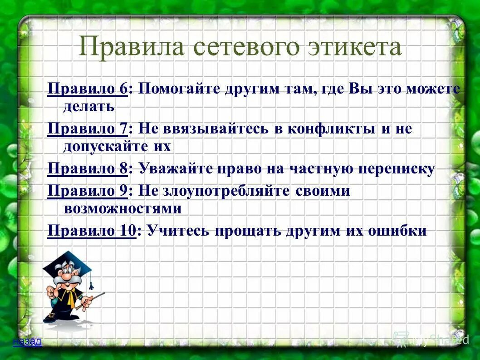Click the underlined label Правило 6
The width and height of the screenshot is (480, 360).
pyautogui.click(x=88, y=89)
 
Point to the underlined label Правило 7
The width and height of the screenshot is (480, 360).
pyautogui.click(x=88, y=128)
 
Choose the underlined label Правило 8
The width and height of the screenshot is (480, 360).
pyautogui.click(x=88, y=169)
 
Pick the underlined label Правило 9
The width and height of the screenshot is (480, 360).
pyautogui.click(x=88, y=191)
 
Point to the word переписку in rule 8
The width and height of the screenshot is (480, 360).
pyautogui.click(x=397, y=169)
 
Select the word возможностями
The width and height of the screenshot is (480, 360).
pyautogui.click(x=122, y=208)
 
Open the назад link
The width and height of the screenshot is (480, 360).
pyautogui.click(x=27, y=341)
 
